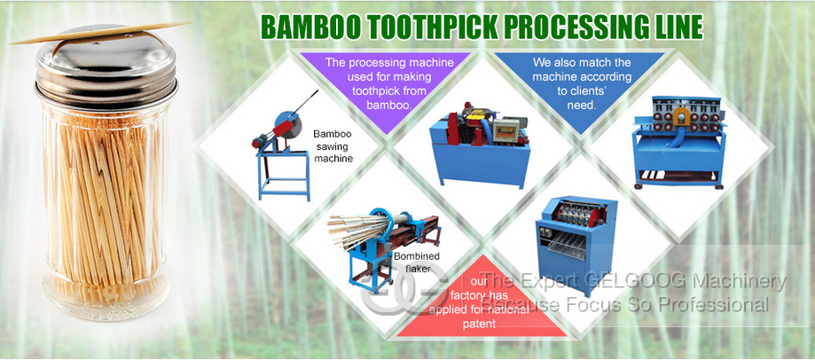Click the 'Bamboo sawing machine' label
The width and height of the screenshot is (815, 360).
(333, 146)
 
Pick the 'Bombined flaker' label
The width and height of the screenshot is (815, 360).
(416, 262)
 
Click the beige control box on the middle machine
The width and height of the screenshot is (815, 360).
(506, 129)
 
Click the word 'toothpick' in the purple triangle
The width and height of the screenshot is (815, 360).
(389, 91)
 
